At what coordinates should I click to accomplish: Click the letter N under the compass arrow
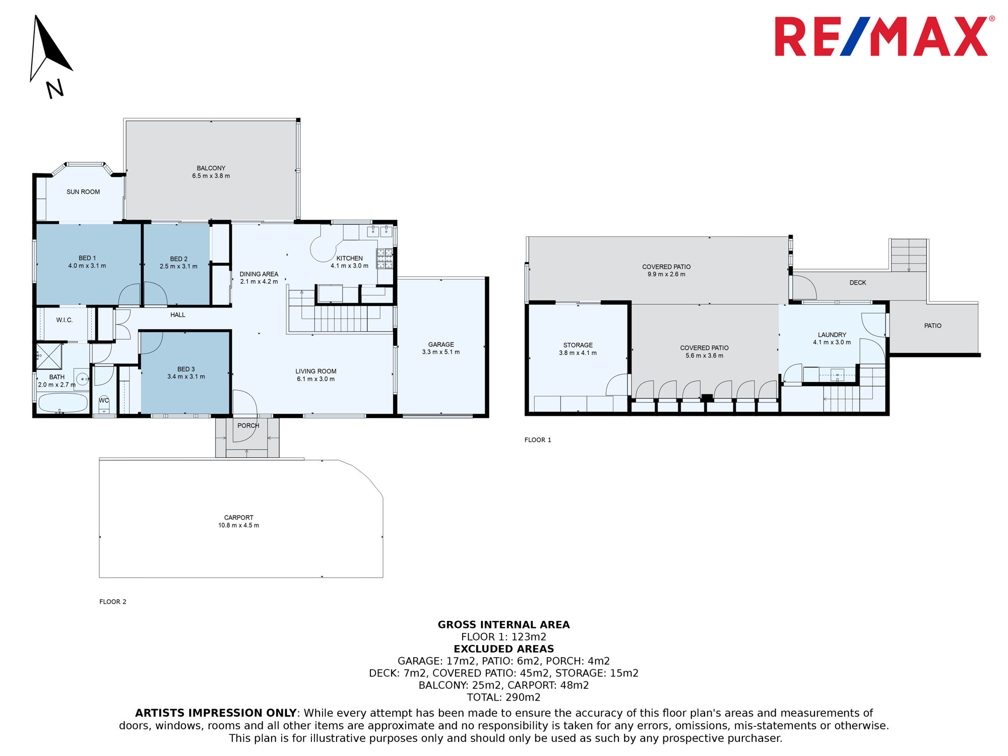point(55,89)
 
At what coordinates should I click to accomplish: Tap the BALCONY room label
point(211,168)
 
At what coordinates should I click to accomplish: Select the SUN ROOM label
point(83,192)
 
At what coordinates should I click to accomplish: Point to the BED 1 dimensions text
point(87,266)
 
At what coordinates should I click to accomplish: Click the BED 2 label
point(178,259)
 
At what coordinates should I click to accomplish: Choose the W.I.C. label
point(65,320)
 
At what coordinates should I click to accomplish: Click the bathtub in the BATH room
point(63,403)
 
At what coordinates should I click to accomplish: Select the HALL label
point(178,315)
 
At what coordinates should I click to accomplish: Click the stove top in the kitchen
point(385,258)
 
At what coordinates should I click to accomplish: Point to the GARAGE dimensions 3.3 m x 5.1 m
point(441,352)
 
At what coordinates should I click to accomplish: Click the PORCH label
point(248,426)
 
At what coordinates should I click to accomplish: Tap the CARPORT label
point(239,518)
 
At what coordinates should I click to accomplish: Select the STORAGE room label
point(578,345)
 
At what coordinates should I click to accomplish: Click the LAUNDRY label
point(832,335)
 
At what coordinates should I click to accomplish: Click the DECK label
point(858,283)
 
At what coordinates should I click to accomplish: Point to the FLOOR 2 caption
point(113,602)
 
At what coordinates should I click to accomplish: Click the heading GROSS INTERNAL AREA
point(504,625)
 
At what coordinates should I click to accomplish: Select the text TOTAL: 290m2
point(504,698)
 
